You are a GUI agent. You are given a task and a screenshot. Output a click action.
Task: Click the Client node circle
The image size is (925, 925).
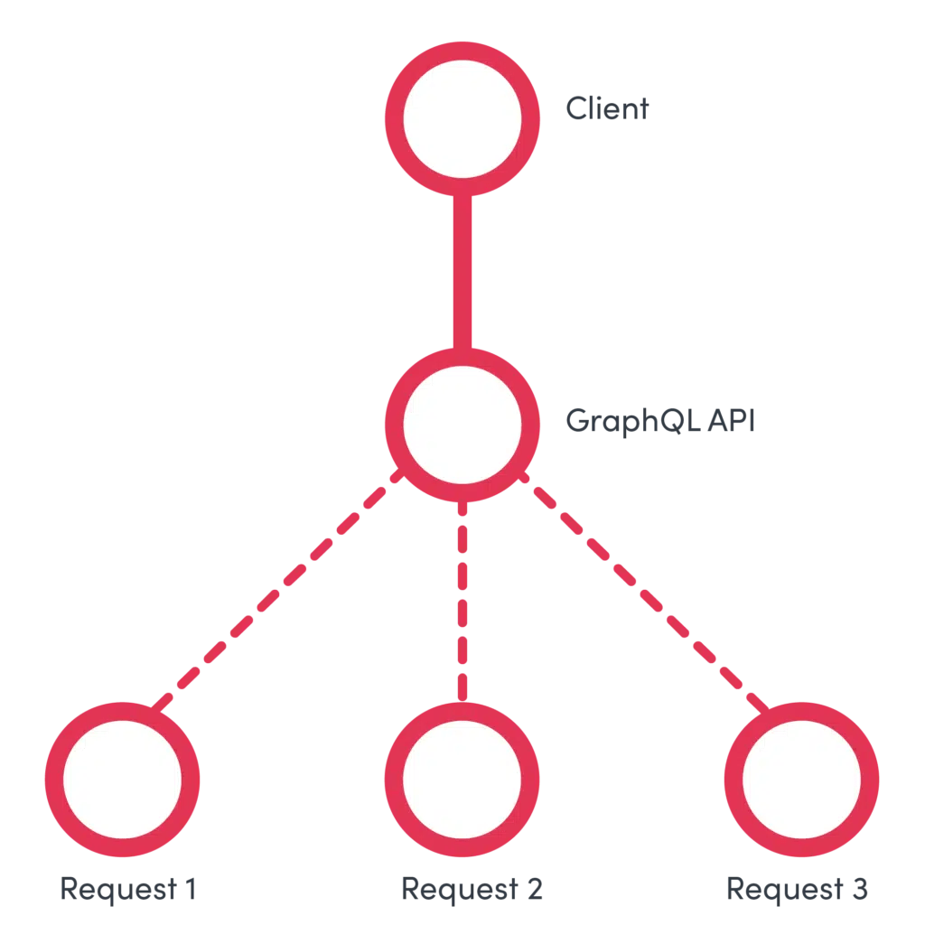pos(462,117)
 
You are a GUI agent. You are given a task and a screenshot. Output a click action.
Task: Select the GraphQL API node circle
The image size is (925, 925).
pos(462,422)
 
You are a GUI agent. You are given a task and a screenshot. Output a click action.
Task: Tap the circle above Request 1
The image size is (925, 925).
pos(122,778)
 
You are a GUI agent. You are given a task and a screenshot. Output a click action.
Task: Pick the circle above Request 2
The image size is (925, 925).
pos(462,778)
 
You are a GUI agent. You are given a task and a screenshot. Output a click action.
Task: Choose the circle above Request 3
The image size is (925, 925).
pos(801,778)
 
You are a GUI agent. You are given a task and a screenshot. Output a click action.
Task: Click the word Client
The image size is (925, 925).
pos(607,109)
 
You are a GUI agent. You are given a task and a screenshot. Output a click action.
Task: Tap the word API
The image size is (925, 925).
pos(730,420)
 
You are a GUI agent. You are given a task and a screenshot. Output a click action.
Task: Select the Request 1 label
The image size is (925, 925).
pos(127,889)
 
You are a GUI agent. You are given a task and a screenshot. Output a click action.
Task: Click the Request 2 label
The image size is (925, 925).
pos(472,889)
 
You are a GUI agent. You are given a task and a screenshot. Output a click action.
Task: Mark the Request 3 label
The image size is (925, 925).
pos(797,889)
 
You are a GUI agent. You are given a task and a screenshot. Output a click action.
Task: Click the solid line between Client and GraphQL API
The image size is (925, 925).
pos(462,271)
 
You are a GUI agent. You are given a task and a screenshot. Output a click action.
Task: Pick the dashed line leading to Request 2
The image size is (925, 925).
pos(462,596)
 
